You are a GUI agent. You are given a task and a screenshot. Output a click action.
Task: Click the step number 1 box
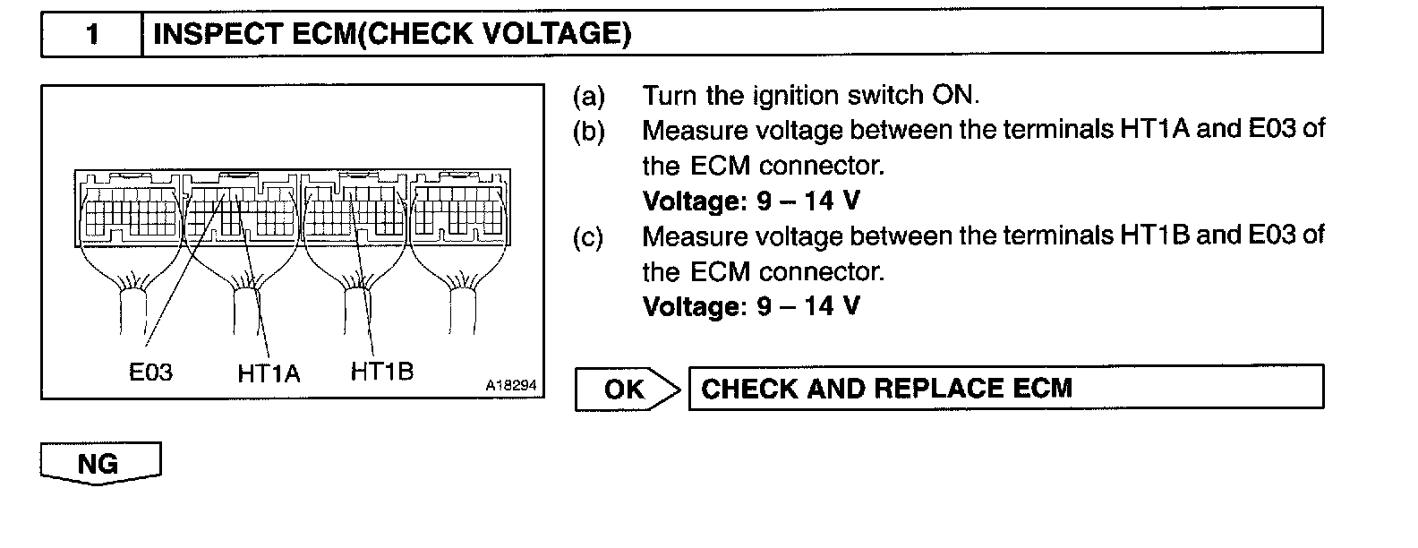[91, 35]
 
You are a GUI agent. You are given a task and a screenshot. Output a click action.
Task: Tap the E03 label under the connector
[150, 372]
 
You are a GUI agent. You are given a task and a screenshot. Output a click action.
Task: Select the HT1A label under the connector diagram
[269, 372]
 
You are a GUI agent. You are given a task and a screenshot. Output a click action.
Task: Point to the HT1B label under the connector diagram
[382, 371]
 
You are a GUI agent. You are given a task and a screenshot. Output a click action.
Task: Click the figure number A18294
[511, 385]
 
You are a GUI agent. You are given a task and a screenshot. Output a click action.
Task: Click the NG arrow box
[99, 464]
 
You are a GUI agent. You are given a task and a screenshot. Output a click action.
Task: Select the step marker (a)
[588, 96]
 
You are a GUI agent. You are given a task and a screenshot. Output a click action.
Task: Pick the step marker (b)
[588, 132]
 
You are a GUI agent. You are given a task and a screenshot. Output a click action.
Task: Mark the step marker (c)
[588, 237]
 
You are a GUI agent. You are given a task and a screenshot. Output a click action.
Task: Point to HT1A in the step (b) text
[1154, 130]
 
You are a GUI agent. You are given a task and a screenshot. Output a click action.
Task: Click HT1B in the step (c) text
[1154, 235]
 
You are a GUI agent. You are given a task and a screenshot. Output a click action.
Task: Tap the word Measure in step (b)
[693, 131]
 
